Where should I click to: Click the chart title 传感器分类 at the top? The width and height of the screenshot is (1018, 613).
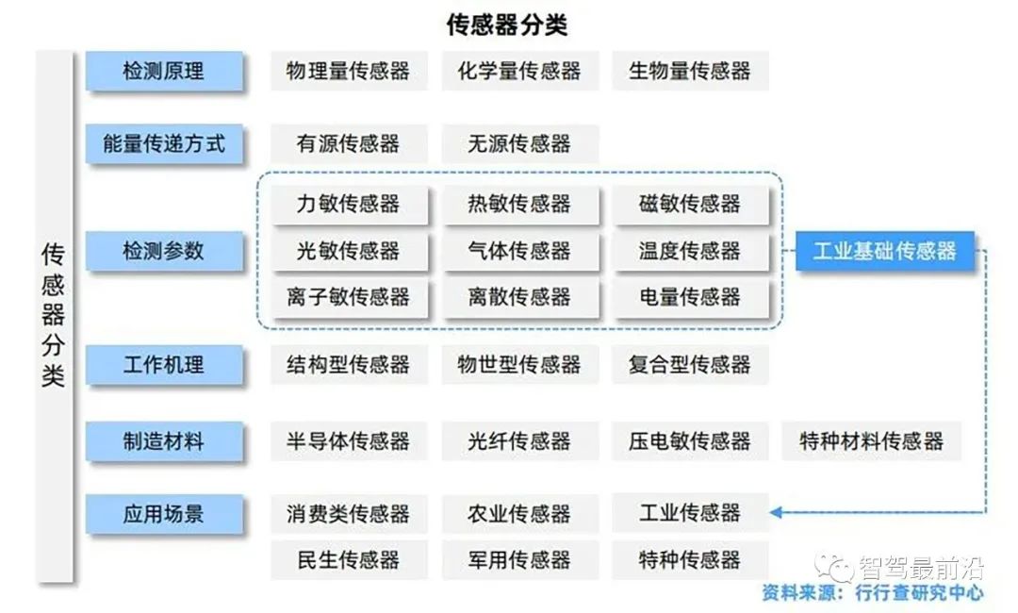506,25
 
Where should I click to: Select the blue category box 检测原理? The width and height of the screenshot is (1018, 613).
164,71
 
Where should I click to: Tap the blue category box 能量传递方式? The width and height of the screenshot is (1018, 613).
164,143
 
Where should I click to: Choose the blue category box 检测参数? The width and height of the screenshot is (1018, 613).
164,251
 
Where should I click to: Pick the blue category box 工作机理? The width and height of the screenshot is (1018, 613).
164,365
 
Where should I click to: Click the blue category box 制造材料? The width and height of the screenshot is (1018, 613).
164,441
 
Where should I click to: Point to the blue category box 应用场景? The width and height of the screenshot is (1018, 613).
164,514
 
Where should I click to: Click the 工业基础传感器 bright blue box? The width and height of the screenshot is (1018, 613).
885,251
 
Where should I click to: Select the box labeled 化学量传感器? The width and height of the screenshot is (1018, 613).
519,71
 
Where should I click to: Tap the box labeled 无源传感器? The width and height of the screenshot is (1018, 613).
519,143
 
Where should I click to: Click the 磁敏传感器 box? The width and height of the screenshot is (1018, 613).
690,205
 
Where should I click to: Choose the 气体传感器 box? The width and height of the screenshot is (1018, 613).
520,251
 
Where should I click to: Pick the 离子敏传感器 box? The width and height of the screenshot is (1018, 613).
350,297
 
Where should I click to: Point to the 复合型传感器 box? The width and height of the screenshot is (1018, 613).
690,364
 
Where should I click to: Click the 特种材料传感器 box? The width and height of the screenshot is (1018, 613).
871,441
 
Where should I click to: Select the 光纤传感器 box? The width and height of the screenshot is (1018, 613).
519,441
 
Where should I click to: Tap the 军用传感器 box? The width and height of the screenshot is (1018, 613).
519,560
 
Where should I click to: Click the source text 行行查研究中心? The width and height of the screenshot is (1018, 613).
919,593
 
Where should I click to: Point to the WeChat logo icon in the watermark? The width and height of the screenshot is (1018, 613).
835,569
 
